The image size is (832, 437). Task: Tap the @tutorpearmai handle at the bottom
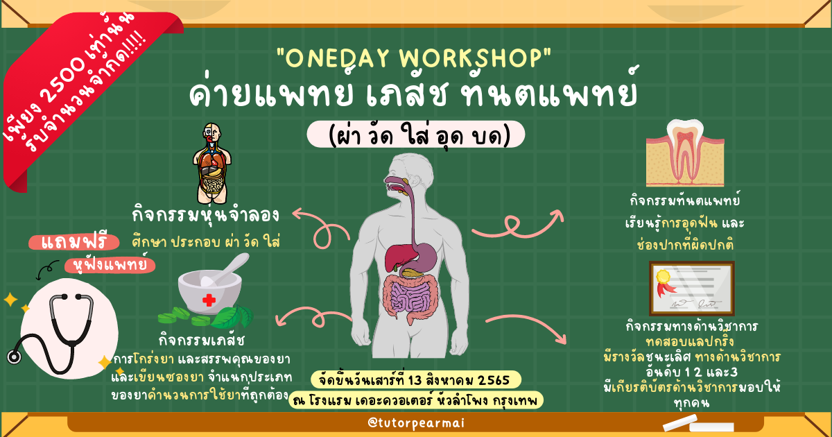416,423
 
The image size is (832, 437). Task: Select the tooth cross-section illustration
685,153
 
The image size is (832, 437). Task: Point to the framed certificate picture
692,289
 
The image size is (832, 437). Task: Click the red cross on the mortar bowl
209,300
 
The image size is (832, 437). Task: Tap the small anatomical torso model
212,164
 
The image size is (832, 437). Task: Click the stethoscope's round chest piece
14,357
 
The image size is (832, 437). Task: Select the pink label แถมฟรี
74,243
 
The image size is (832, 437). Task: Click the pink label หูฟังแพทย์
110,265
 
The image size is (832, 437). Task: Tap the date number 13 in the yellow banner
415,381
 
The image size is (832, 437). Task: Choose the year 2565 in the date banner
493,381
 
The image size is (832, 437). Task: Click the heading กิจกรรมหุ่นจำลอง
205,215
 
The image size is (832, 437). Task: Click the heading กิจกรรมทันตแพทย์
685,200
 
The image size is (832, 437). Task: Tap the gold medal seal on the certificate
664,277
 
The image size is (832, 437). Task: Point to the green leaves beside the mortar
233,316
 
